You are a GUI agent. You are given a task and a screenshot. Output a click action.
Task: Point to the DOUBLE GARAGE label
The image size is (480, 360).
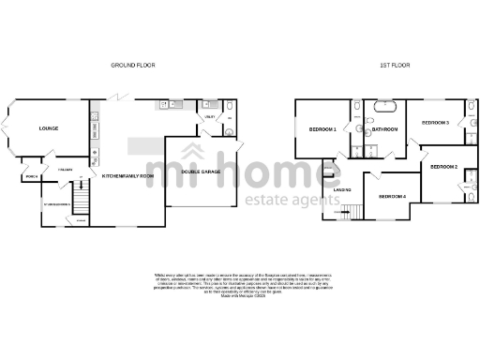click(x=201, y=171)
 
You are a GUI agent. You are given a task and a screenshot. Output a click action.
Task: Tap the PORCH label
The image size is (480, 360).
click(x=30, y=174)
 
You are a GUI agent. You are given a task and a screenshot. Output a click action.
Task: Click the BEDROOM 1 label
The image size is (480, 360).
click(x=322, y=128)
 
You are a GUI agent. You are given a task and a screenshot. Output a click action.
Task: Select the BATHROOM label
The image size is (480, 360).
click(x=385, y=128)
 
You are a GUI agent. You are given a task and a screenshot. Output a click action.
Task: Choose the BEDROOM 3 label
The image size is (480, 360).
click(x=435, y=123)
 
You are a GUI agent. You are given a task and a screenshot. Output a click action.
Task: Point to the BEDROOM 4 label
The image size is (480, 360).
click(x=392, y=196)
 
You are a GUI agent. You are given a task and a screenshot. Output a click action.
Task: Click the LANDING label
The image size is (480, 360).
click(x=342, y=189)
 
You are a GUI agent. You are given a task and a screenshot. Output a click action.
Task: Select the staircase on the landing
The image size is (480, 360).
click(x=343, y=213)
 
